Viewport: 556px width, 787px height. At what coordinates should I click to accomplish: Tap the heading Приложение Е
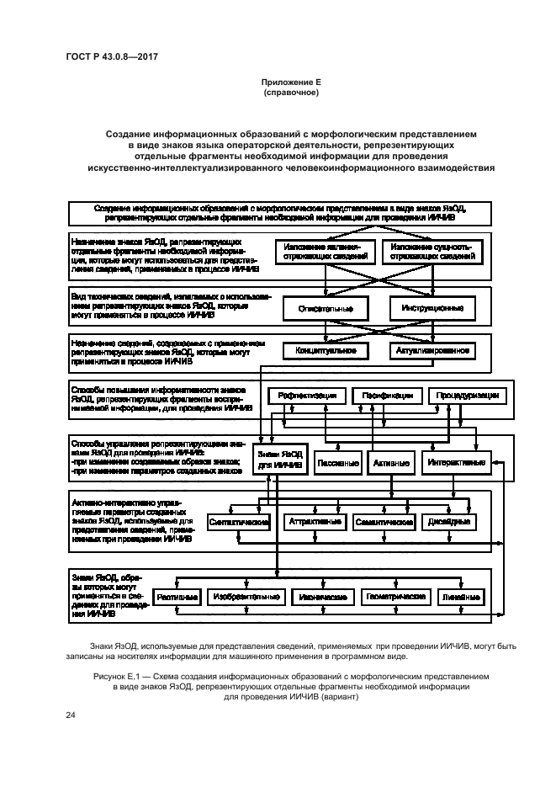tap(291, 82)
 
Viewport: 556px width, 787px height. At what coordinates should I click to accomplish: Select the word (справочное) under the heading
tap(291, 93)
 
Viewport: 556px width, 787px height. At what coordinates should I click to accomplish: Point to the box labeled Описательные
tap(326, 309)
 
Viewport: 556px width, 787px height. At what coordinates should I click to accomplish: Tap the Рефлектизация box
tap(307, 396)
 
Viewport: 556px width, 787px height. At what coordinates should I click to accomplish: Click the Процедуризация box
tap(467, 396)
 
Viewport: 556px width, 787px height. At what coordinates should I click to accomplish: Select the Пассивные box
tap(338, 463)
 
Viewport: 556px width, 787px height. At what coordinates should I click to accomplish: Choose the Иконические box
tap(319, 597)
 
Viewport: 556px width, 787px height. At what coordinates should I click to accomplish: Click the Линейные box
tap(462, 597)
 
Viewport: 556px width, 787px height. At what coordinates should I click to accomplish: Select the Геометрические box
tap(394, 597)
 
